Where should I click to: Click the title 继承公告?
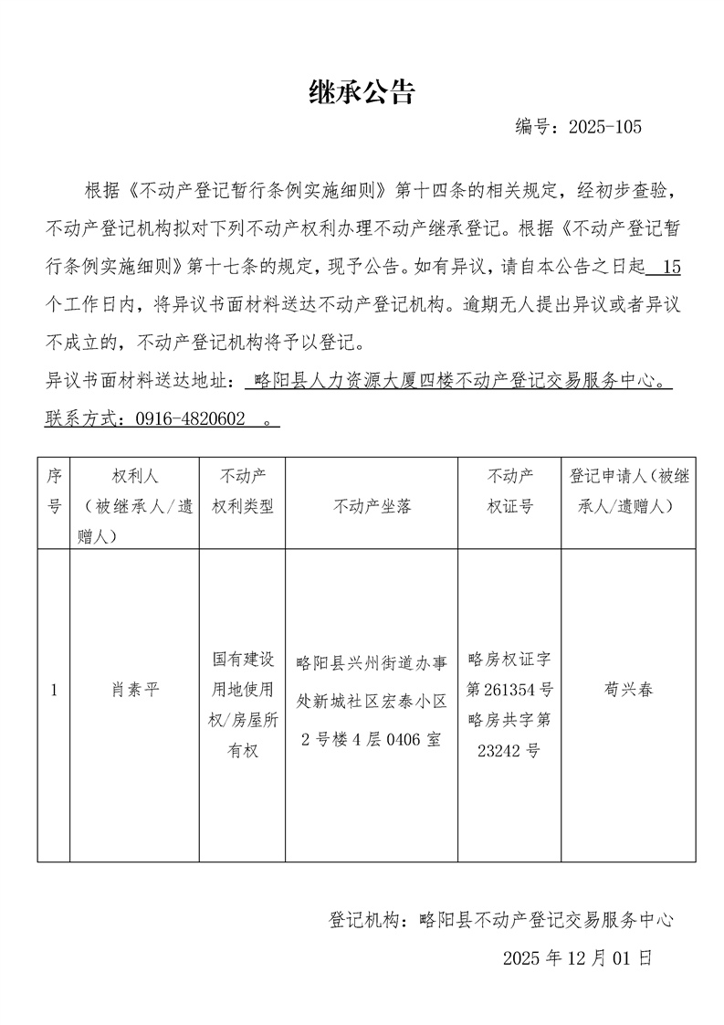point(362,91)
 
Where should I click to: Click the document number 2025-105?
point(604,127)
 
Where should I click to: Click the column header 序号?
point(54,491)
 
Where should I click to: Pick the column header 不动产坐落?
point(372,505)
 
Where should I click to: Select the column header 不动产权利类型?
point(242,491)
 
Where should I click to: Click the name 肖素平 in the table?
point(134,691)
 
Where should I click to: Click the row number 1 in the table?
point(54,691)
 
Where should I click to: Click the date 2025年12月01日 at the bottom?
point(577,958)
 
